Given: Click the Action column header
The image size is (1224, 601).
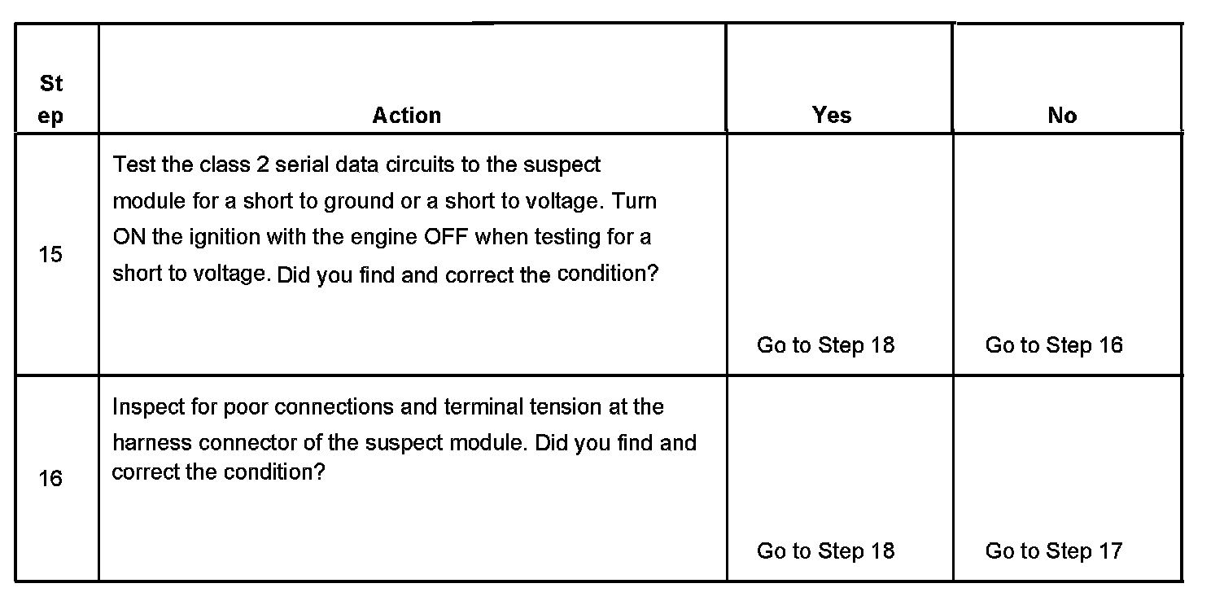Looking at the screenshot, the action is pos(407,116).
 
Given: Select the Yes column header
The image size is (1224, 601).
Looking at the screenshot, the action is pos(832,116).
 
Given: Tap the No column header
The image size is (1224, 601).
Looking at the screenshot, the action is pos(1062,116).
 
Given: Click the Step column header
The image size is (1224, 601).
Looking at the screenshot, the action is pos(50,99).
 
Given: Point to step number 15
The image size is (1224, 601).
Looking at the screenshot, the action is pos(50,255).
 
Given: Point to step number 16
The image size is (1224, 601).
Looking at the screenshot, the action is pos(50,478).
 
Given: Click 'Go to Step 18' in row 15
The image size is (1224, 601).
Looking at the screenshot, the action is pos(825,345).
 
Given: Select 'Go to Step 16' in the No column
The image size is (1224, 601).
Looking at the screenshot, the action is pos(1054,345).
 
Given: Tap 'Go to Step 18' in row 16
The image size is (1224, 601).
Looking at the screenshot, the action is pos(825,551).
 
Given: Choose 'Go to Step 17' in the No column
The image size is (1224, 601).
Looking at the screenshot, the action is pos(1054,551).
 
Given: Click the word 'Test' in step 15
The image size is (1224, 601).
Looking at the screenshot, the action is pos(132,165).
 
